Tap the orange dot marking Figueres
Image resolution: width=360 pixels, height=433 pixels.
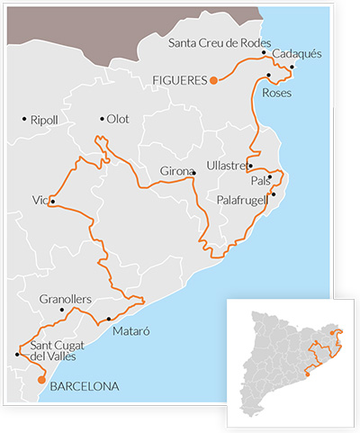(x=213, y=80)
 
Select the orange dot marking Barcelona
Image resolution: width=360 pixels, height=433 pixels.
(x=40, y=380)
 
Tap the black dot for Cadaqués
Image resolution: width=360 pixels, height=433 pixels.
(x=292, y=67)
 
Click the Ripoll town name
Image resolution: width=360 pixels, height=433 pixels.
(x=43, y=119)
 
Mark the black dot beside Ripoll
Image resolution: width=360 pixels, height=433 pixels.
(x=24, y=119)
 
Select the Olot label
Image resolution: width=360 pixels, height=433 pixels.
(x=118, y=119)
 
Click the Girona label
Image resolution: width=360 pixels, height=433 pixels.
(x=175, y=170)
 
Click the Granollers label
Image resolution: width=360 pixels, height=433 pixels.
(x=66, y=299)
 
